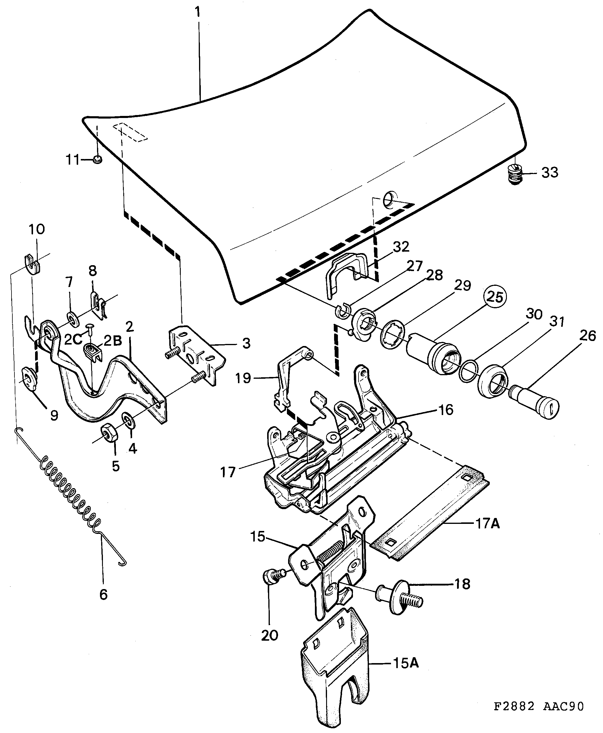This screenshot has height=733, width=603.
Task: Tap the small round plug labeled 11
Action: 98,160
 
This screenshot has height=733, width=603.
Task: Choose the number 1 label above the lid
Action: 197,12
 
